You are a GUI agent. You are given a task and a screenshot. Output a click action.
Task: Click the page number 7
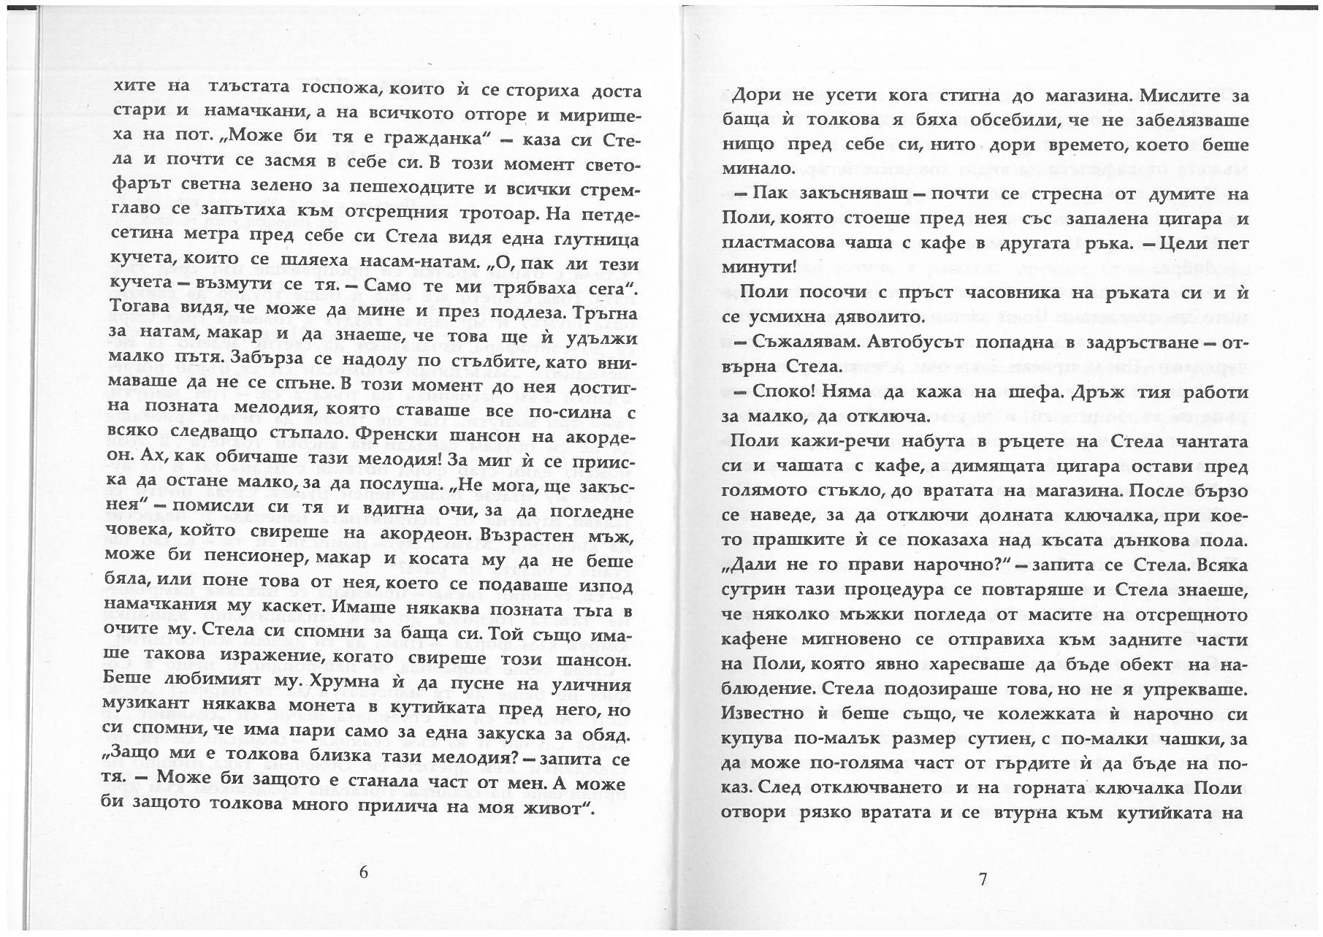point(983,879)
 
